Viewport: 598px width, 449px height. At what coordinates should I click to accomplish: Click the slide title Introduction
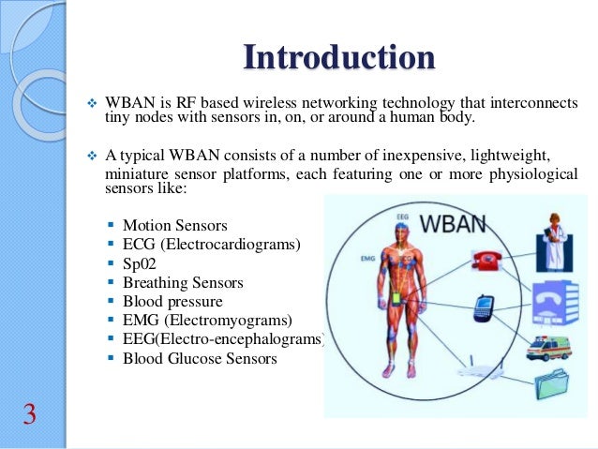pyautogui.click(x=338, y=57)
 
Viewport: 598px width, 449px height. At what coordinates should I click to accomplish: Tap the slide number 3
pyautogui.click(x=29, y=413)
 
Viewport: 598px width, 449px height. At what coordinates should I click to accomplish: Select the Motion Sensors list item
pyautogui.click(x=174, y=226)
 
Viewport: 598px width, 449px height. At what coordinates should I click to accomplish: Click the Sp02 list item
pyautogui.click(x=140, y=263)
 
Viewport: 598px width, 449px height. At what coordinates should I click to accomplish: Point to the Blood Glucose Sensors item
pyautogui.click(x=200, y=358)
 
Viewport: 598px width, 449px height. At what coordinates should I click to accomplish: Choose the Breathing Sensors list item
pyautogui.click(x=183, y=282)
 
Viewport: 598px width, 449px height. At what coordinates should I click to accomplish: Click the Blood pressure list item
pyautogui.click(x=172, y=301)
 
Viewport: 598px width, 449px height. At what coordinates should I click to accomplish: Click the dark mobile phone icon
pyautogui.click(x=484, y=307)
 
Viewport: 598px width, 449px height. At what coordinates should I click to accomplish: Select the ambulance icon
pyautogui.click(x=549, y=347)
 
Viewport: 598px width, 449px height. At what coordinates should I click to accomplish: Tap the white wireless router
pyautogui.click(x=472, y=365)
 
